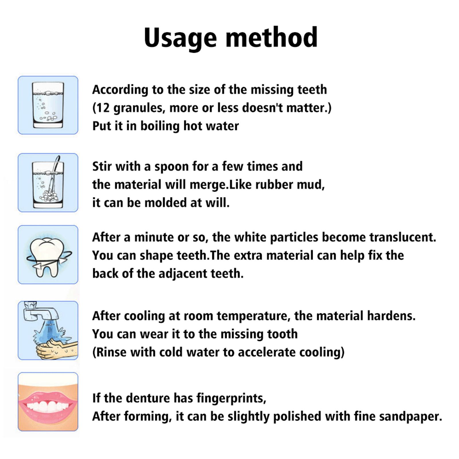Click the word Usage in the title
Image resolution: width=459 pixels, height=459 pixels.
click(x=180, y=38)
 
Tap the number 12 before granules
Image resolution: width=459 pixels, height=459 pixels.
click(x=102, y=108)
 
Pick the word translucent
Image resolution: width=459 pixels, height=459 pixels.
click(x=402, y=237)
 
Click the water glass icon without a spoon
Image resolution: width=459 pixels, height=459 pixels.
click(x=48, y=105)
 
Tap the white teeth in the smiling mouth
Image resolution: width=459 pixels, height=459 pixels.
click(x=48, y=407)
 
